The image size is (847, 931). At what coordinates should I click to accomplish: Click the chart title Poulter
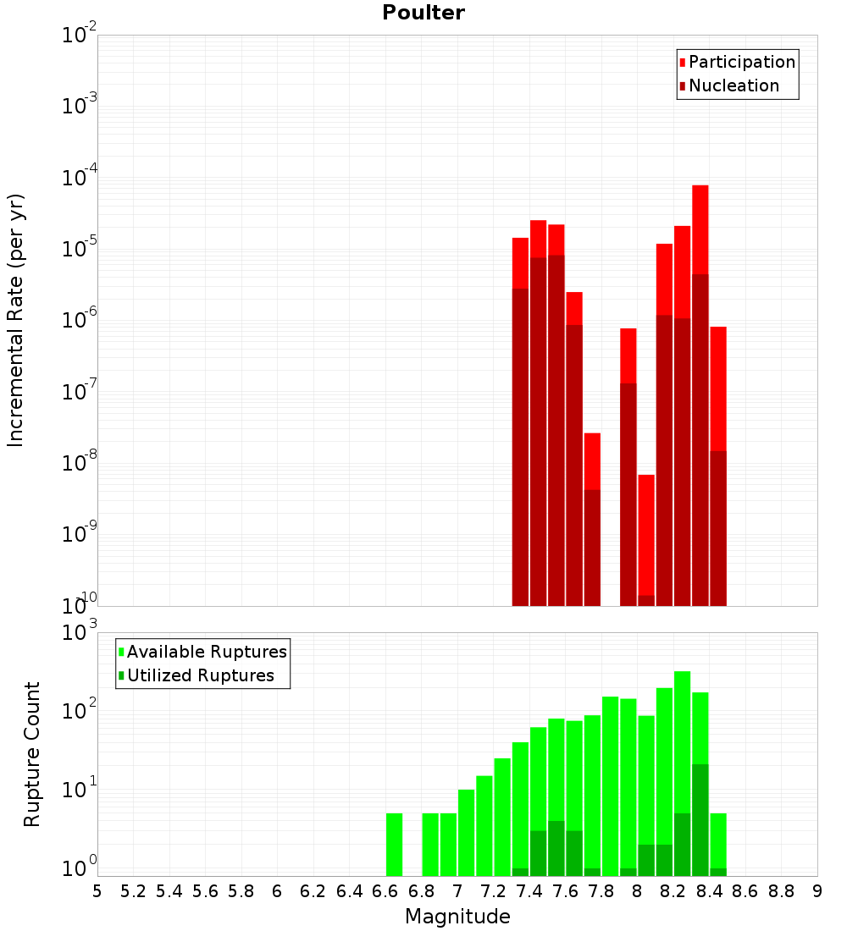(x=423, y=13)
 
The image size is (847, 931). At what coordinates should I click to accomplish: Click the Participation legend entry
(x=741, y=62)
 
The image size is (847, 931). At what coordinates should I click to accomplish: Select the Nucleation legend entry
(x=733, y=85)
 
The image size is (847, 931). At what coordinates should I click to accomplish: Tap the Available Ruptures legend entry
(x=206, y=652)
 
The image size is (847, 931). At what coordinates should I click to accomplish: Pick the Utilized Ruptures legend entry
(x=199, y=675)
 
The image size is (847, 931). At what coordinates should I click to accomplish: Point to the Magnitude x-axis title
(x=457, y=916)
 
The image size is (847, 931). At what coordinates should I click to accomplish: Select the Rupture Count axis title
(x=32, y=754)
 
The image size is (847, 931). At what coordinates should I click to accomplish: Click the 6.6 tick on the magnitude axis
(x=385, y=891)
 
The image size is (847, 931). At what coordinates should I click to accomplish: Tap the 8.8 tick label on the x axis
(x=781, y=891)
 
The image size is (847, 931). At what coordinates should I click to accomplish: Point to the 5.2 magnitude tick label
(x=134, y=891)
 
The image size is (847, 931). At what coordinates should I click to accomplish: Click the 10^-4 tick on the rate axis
(x=78, y=179)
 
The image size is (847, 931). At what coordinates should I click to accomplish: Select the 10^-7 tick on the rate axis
(x=78, y=393)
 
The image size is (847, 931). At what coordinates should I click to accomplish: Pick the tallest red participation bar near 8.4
(x=700, y=229)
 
